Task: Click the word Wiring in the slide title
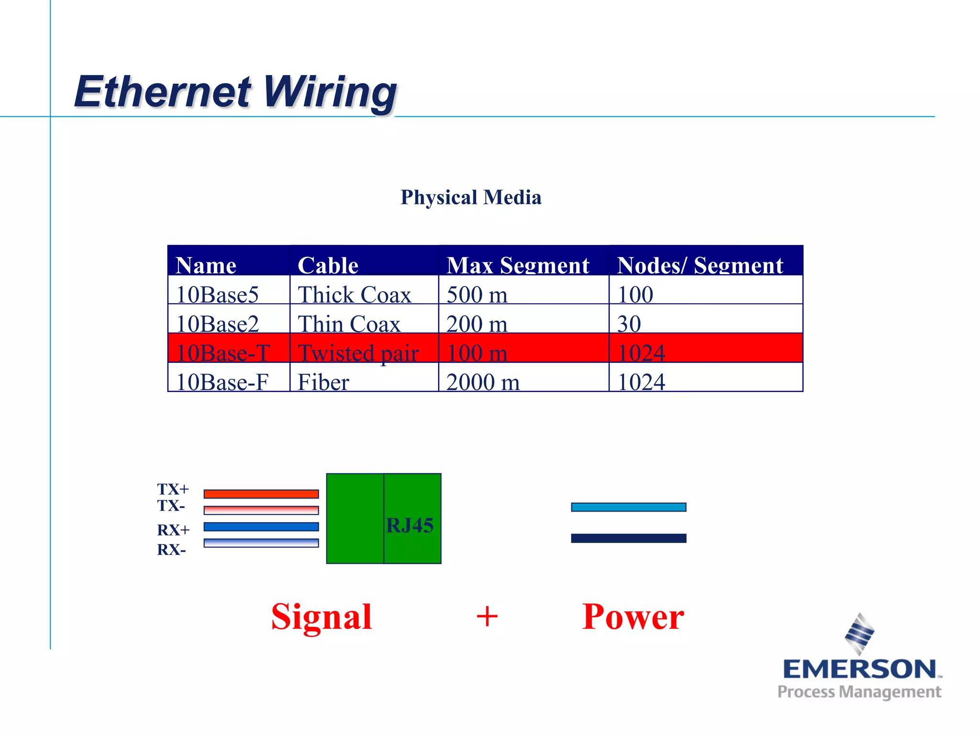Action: (x=330, y=92)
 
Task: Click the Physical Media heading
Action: (x=471, y=197)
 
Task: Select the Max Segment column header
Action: (x=518, y=265)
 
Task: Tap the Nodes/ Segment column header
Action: (x=700, y=265)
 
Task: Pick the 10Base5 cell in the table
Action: (x=218, y=294)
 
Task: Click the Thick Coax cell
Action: (x=354, y=294)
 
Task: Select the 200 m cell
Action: (x=477, y=323)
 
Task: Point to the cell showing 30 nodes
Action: (x=629, y=323)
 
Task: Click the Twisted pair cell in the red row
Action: (x=358, y=353)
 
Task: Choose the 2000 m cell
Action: (x=483, y=382)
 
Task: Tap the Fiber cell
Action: (x=323, y=382)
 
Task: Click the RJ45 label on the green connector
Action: (x=410, y=525)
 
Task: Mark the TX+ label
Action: (x=173, y=489)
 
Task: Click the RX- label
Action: (x=171, y=550)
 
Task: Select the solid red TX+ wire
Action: (x=261, y=494)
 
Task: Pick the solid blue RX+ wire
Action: (x=261, y=526)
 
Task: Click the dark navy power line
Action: (x=628, y=538)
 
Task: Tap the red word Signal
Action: (x=322, y=616)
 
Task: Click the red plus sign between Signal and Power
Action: (x=487, y=616)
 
